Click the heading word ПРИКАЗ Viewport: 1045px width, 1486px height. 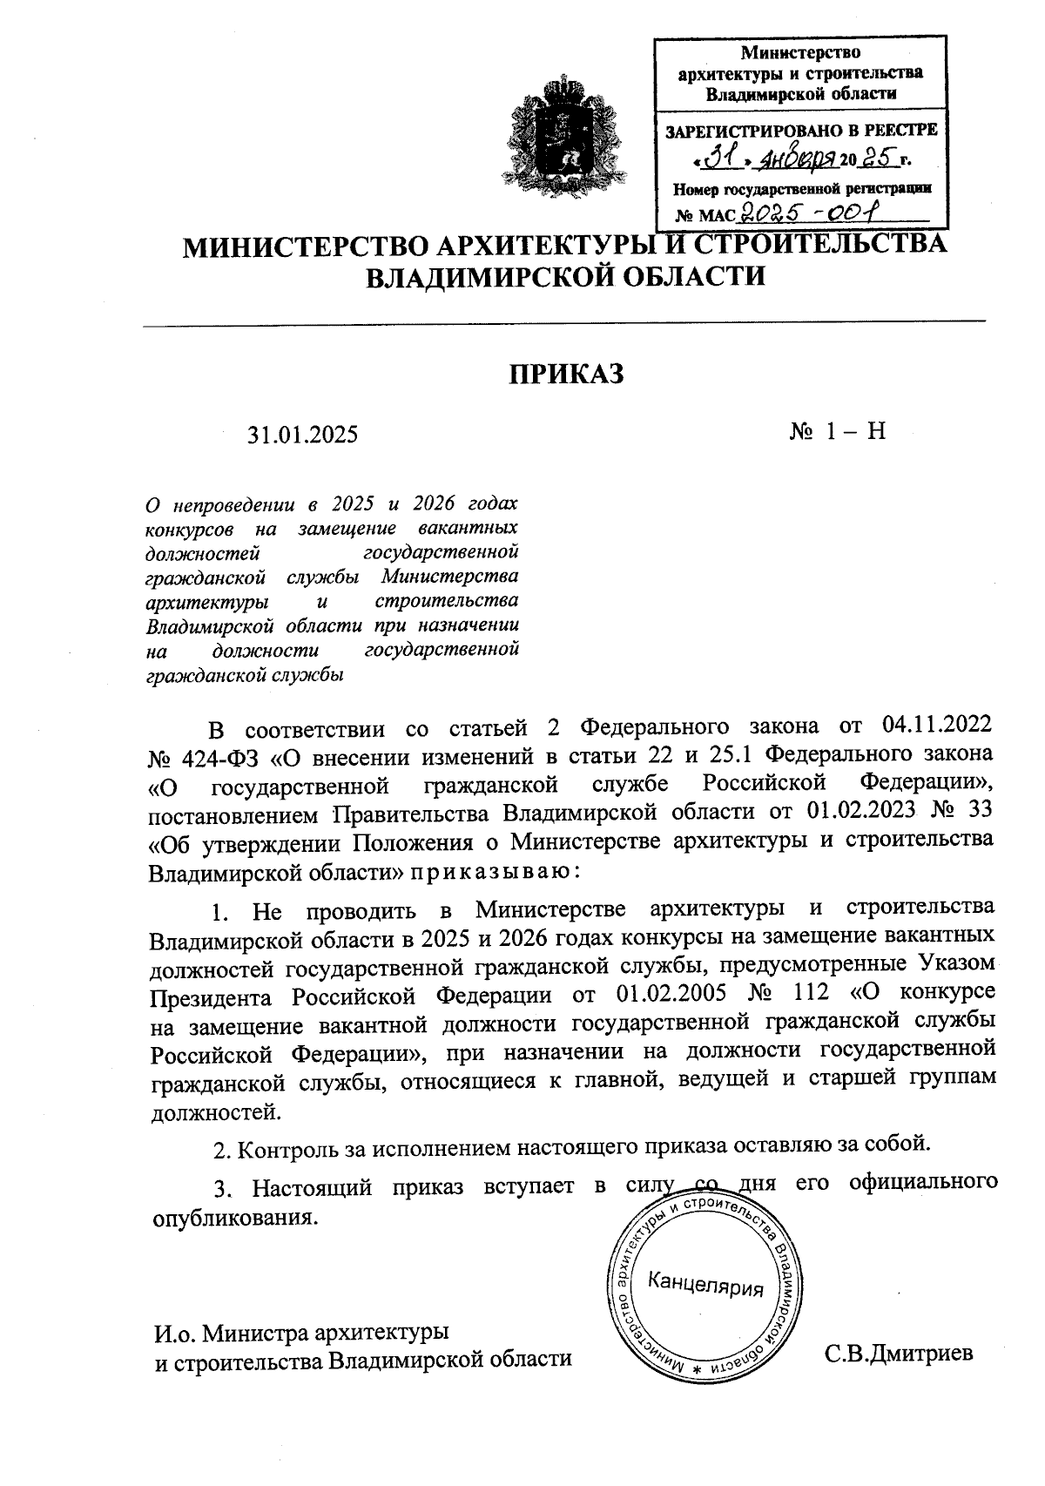tap(567, 375)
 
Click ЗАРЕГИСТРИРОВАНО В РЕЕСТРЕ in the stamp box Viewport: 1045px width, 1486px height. tap(801, 132)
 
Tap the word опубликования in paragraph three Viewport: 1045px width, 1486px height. tap(230, 1216)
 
